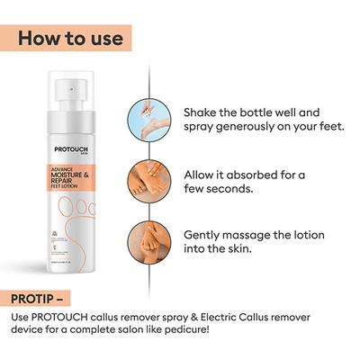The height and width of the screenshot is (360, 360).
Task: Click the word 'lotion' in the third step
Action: click(x=314, y=233)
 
